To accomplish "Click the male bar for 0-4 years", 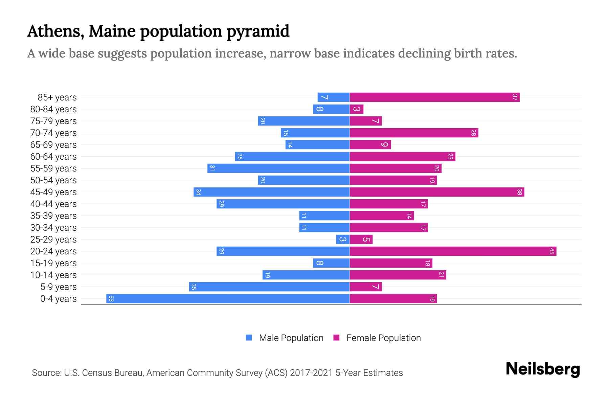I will [228, 299].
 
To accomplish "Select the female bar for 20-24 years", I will [453, 251].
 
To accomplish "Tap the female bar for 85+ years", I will [434, 97].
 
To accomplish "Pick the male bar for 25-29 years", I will [343, 240].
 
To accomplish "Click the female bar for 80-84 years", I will [357, 109].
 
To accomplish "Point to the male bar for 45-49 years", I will [271, 192].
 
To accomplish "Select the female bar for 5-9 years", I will [366, 287].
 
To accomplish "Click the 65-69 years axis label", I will [53, 145].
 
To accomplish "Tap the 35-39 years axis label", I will [53, 216].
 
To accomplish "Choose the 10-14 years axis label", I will [53, 275].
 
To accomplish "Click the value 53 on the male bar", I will [111, 299].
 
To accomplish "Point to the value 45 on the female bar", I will [551, 251].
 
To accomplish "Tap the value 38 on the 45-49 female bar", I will [519, 192].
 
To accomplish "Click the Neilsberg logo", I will [543, 369].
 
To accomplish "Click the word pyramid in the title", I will [258, 31].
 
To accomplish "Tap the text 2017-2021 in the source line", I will [311, 373].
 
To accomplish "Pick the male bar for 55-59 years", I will [278, 168].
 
